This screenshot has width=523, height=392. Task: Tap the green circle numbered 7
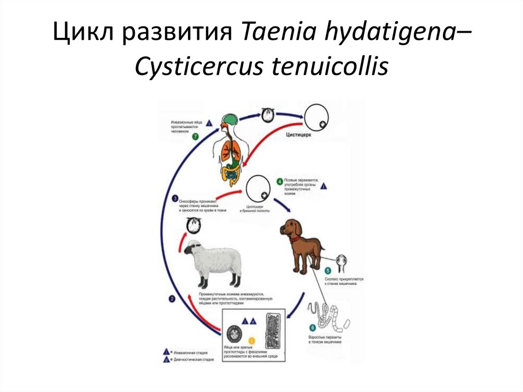[195, 136]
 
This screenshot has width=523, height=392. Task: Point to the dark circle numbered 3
[175, 199]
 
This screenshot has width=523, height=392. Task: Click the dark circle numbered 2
[172, 299]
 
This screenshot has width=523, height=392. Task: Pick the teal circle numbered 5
[328, 270]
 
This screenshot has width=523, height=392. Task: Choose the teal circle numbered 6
[313, 328]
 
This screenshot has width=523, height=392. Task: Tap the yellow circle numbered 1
[251, 340]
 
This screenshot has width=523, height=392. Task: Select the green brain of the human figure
[229, 121]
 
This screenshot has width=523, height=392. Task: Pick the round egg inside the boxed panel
[234, 334]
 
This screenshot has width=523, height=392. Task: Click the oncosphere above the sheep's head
[194, 224]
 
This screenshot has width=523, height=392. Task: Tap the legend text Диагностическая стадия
[193, 360]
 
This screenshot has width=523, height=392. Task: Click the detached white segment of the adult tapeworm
[346, 324]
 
